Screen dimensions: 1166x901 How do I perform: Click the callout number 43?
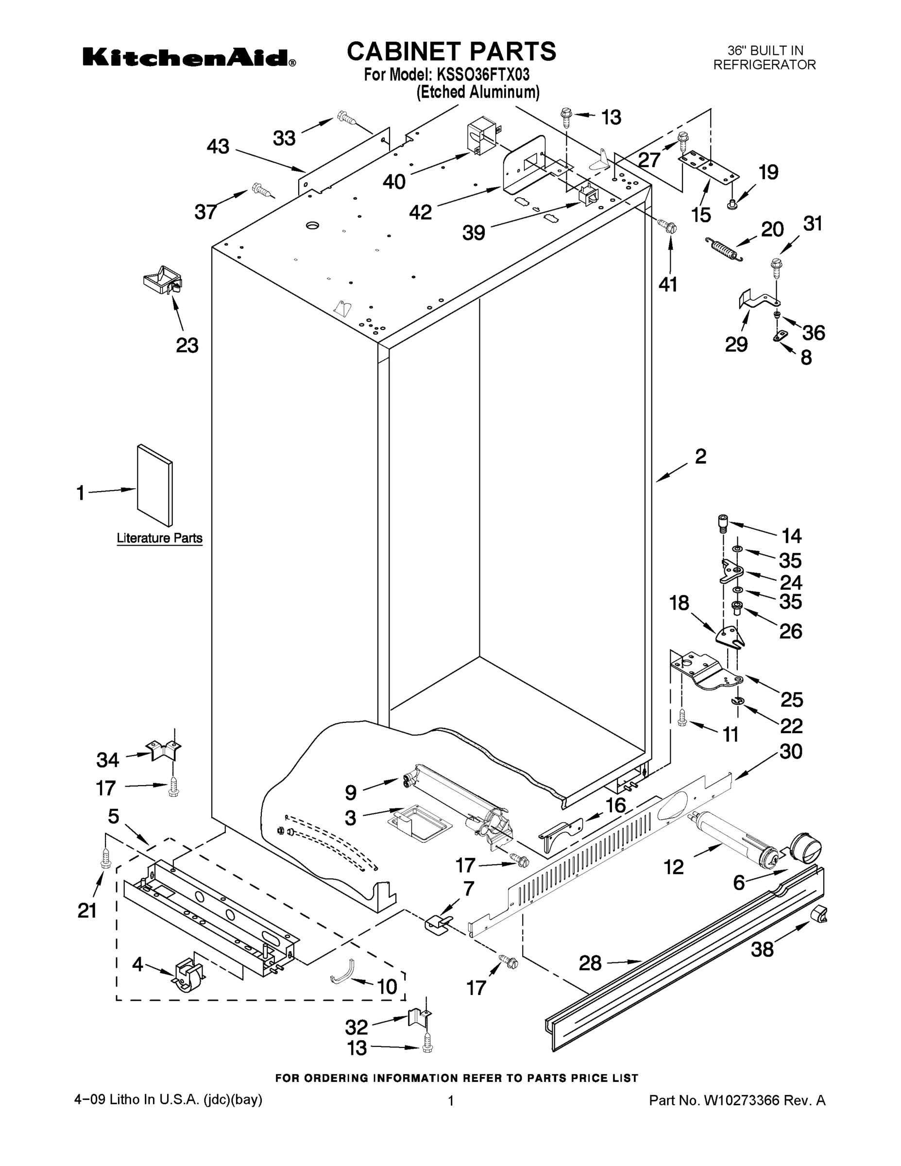(x=218, y=146)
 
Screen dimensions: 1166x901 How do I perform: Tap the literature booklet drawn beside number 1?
(x=155, y=485)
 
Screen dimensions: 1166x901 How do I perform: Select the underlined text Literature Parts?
(x=160, y=538)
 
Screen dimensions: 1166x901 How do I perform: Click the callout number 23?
(x=187, y=345)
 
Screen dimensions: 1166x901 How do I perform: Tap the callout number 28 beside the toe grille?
(x=590, y=963)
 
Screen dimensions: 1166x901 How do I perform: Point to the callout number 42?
(x=420, y=212)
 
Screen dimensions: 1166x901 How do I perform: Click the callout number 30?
(x=791, y=752)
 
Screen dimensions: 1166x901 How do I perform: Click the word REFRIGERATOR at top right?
(x=765, y=65)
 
